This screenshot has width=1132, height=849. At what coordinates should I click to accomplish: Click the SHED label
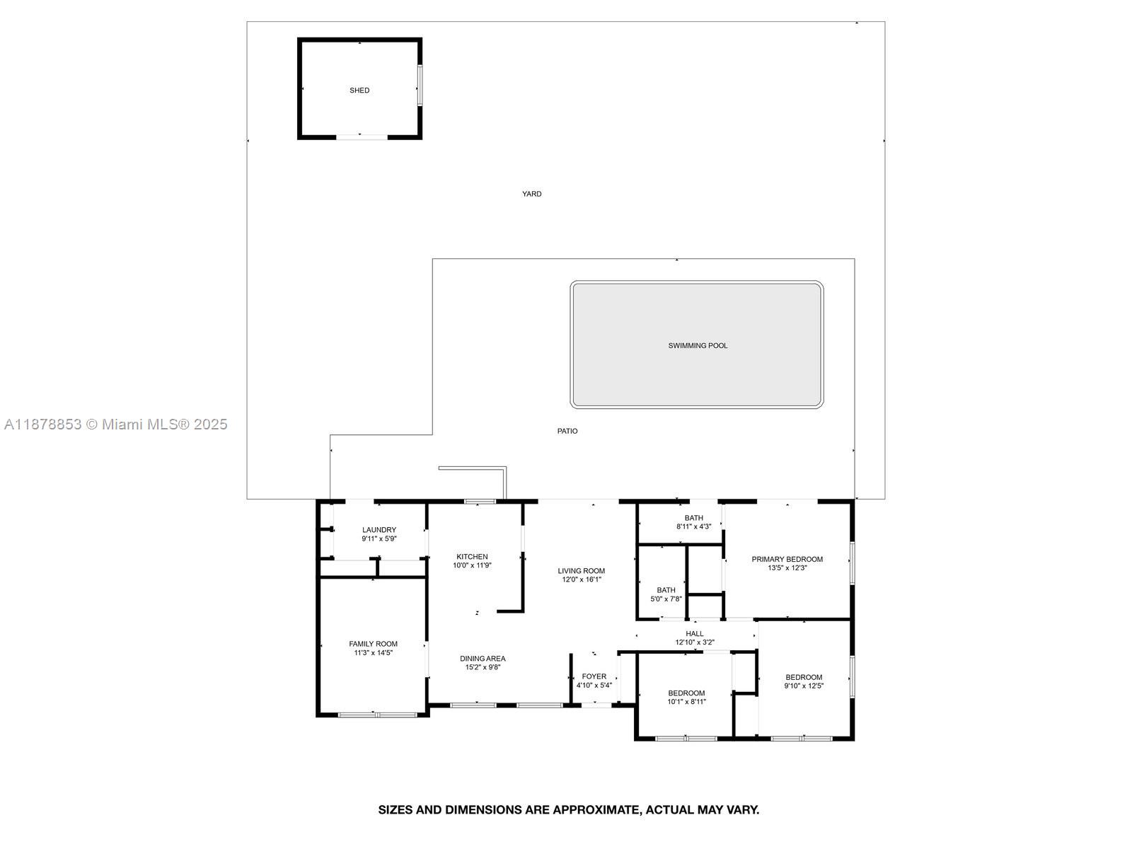click(x=359, y=91)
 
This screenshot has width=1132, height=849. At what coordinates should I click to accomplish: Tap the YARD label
click(x=532, y=194)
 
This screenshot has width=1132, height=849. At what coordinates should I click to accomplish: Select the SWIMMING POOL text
click(x=698, y=345)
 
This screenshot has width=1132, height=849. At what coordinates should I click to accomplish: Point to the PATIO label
click(x=567, y=431)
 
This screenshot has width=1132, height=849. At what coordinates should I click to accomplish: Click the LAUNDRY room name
click(x=379, y=530)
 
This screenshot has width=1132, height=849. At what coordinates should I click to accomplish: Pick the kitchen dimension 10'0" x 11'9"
click(x=472, y=565)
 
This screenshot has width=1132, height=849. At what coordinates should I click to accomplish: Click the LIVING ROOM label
click(x=582, y=571)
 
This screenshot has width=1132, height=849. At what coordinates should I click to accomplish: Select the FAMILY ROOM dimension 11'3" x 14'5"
click(x=373, y=652)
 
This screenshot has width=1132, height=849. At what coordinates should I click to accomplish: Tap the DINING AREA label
click(x=483, y=658)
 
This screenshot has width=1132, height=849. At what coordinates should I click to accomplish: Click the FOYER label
click(x=594, y=676)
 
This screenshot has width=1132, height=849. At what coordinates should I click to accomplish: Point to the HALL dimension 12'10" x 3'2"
click(x=695, y=642)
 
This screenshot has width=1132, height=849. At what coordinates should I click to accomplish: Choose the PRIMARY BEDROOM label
click(x=787, y=559)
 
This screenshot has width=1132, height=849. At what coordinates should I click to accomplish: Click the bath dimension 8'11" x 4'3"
click(x=693, y=526)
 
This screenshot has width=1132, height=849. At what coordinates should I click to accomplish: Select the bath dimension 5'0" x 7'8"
click(x=666, y=599)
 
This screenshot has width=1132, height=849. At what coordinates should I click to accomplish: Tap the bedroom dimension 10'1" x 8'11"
click(x=686, y=702)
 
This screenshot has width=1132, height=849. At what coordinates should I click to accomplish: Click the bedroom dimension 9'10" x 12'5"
click(x=804, y=686)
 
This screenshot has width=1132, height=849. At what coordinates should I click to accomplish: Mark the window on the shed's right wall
click(x=420, y=85)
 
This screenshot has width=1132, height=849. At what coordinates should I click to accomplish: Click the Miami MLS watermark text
click(x=115, y=424)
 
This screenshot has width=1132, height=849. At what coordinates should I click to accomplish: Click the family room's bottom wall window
click(x=377, y=715)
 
